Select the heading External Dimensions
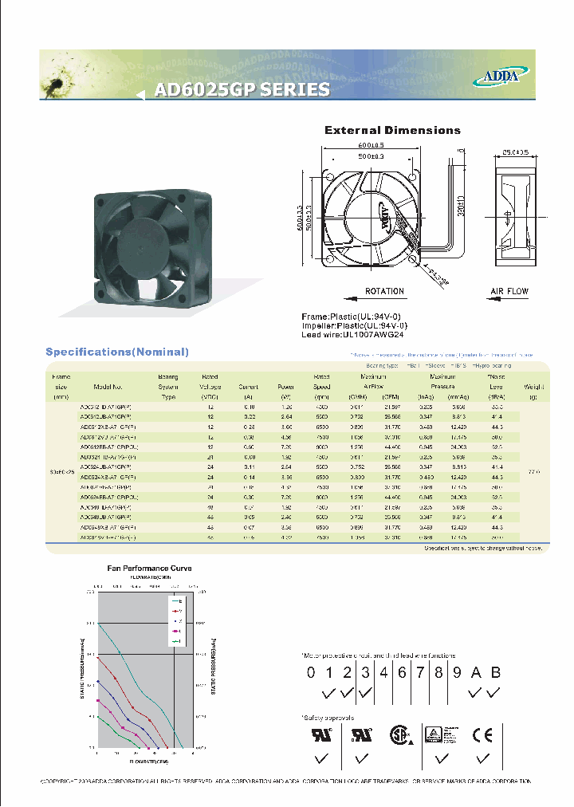pos(392,130)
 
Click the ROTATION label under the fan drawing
pos(384,292)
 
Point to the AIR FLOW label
pos(508,292)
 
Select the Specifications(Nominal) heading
pos(117,352)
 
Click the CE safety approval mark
pos(482,735)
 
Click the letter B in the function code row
pos(495,672)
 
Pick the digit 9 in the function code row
pos(457,672)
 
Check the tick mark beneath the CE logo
pos(481,757)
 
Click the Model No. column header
pos(106,386)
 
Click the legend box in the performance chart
pos(180,620)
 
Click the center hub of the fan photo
pos(140,239)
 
